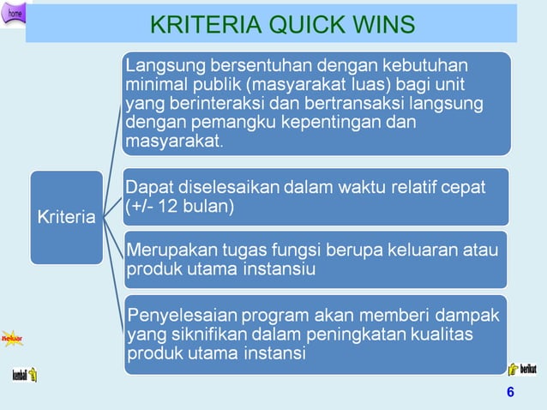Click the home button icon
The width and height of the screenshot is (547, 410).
tap(15, 12)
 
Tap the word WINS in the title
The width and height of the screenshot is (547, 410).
tap(380, 24)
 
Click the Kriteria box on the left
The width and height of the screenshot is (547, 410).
tap(66, 217)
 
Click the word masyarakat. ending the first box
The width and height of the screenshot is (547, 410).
tap(173, 142)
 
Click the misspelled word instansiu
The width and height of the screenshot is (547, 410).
tap(278, 269)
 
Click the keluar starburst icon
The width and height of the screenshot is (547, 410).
tap(12, 340)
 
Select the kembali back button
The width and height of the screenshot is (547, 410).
tap(23, 376)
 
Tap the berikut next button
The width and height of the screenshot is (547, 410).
tap(523, 369)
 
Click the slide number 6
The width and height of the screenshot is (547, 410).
tap(511, 393)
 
